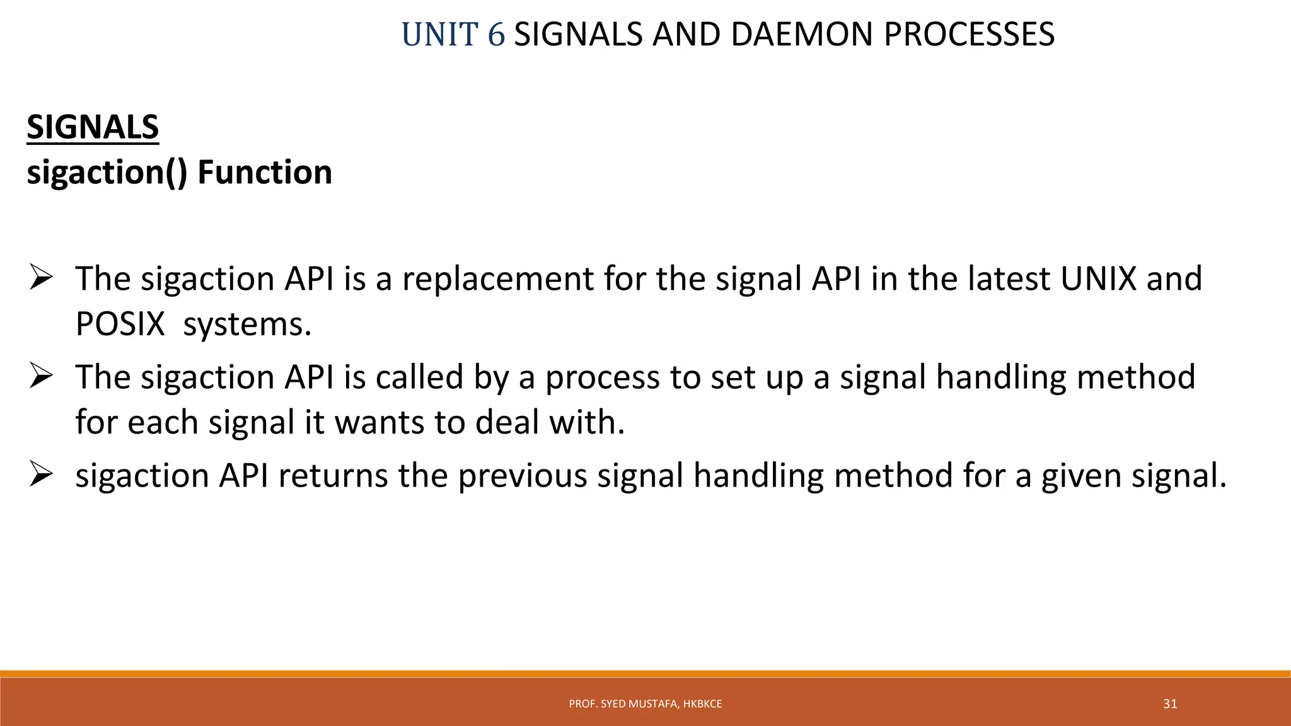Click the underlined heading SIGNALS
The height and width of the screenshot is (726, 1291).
(x=93, y=127)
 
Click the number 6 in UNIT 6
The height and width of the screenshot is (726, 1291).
(x=496, y=35)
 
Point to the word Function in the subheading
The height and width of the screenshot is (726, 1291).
(x=265, y=173)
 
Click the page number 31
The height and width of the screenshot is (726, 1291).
(x=1170, y=704)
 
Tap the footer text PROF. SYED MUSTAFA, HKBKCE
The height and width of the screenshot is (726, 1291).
(x=645, y=704)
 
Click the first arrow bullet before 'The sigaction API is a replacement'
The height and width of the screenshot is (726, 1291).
(x=41, y=278)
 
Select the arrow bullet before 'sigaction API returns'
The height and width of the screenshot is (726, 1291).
(x=41, y=475)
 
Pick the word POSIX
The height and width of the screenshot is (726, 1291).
(x=120, y=325)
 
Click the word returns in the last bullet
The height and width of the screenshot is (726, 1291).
(x=332, y=476)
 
